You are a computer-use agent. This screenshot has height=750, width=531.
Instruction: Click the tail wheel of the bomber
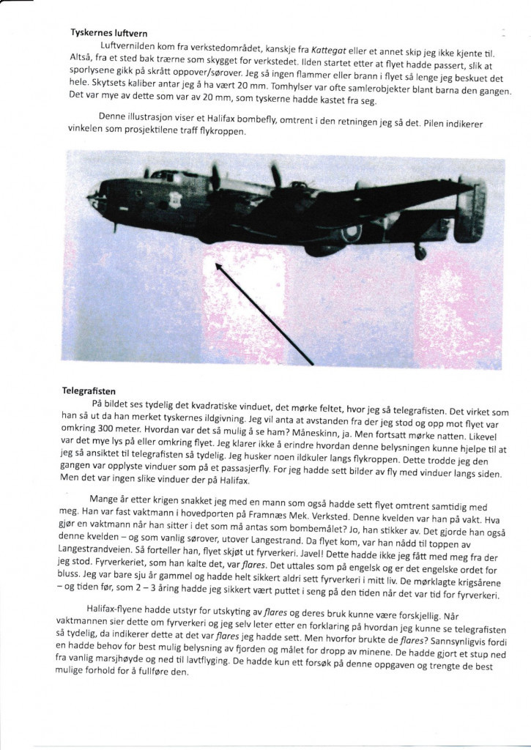coord(420,252)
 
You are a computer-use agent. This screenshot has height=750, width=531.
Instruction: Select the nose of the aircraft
coord(92,197)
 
